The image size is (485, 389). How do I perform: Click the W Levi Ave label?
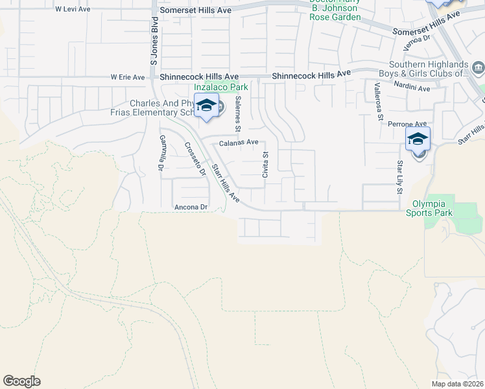tap(73, 10)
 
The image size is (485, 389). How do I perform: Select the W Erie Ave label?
tap(128, 77)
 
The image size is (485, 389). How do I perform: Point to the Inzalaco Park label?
tap(217, 86)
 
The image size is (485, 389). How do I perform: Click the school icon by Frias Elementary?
tap(206, 106)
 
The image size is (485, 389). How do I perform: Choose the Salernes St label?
tap(239, 111)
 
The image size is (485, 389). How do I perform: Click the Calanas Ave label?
tap(239, 143)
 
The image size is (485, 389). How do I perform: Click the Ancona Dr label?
tap(191, 207)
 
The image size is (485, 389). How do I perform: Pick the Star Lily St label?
tap(400, 177)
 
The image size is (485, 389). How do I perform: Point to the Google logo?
tap(21, 381)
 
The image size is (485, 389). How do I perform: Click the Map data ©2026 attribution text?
tap(457, 384)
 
